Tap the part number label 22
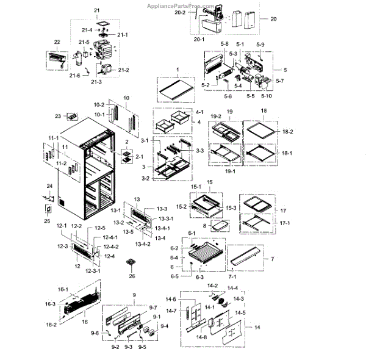(x=57, y=42)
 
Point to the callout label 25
(x=47, y=220)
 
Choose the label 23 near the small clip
(x=58, y=115)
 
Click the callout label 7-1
(x=233, y=276)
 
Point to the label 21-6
(x=75, y=75)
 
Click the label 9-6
(x=95, y=333)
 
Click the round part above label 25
(x=47, y=209)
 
